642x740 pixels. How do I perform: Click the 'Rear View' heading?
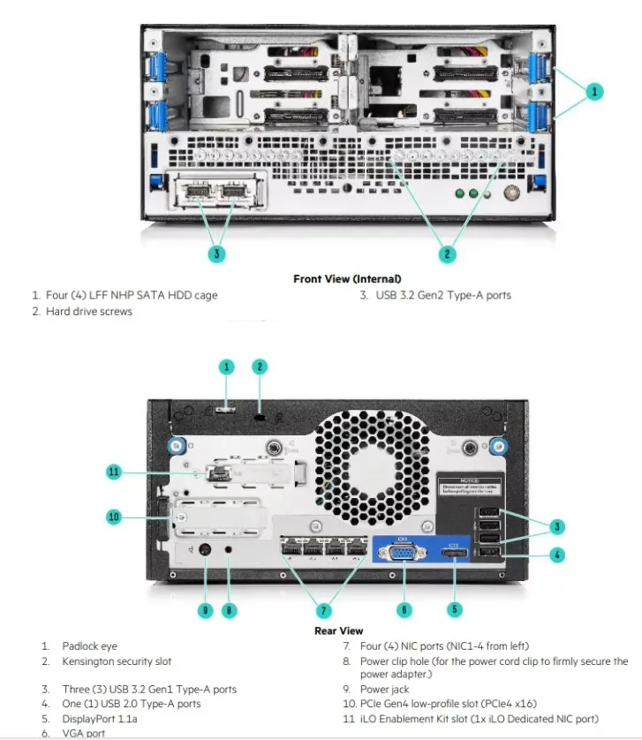click(x=338, y=631)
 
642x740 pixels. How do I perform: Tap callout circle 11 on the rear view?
click(x=113, y=472)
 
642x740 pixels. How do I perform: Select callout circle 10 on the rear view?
click(x=113, y=517)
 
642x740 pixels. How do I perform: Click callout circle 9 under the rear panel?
click(x=205, y=609)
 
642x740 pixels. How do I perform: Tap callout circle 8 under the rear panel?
click(x=230, y=609)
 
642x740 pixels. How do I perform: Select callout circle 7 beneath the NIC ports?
click(x=323, y=609)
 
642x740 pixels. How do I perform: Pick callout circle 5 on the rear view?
click(x=455, y=609)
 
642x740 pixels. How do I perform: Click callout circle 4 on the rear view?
click(x=557, y=555)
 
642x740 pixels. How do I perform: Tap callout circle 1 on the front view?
click(x=594, y=90)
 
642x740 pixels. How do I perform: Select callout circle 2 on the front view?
click(x=448, y=254)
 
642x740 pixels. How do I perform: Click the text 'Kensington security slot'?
click(x=117, y=661)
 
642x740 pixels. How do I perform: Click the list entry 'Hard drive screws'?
click(x=89, y=312)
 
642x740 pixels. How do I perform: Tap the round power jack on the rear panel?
click(x=205, y=551)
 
